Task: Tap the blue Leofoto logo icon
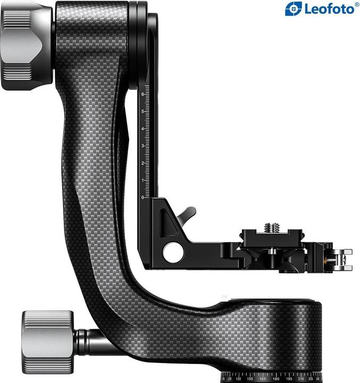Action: [293, 9]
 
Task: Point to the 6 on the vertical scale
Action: [143, 95]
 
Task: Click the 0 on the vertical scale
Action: [143, 197]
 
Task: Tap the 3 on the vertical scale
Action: [143, 146]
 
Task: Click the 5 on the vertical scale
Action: [143, 112]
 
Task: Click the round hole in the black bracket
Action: [173, 252]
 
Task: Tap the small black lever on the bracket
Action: [186, 214]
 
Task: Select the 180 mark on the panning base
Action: [275, 379]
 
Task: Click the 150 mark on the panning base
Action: [250, 379]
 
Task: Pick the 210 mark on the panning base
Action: [301, 379]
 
